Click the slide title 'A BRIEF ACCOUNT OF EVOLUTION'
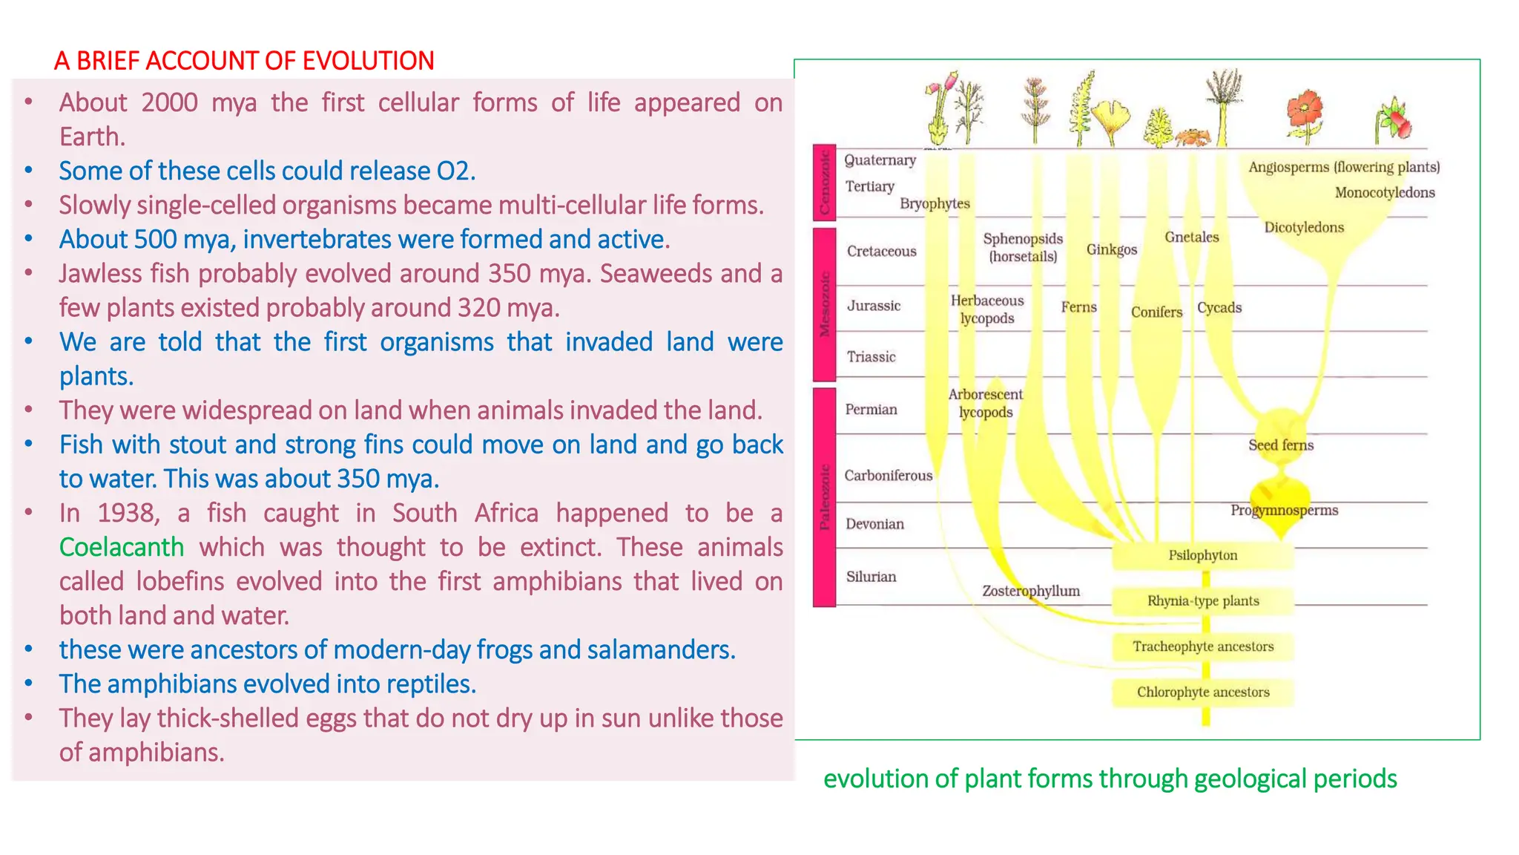point(244,61)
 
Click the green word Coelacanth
point(122,547)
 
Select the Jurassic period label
point(874,306)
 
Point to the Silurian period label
point(871,577)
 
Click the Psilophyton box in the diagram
point(1202,555)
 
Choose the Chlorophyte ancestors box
point(1202,692)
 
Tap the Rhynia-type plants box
point(1202,601)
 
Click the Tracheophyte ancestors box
point(1202,646)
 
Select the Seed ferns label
point(1280,445)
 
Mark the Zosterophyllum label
point(1031,591)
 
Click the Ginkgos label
point(1111,249)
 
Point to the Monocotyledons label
point(1384,193)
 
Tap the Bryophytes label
point(935,203)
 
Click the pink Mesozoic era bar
point(824,304)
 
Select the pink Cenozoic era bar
point(824,183)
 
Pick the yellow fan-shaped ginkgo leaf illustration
point(1110,119)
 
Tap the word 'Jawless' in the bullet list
point(101,274)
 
